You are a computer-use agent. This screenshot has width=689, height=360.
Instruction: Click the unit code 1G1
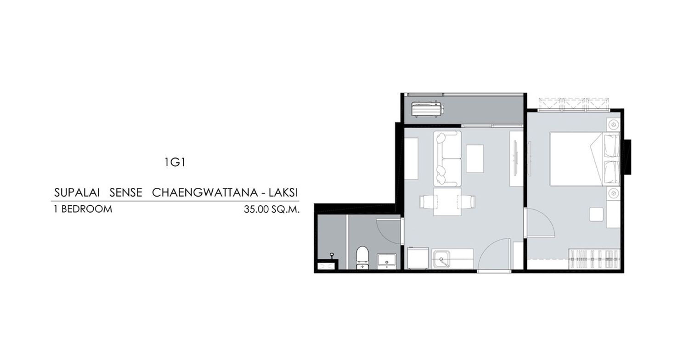point(175,162)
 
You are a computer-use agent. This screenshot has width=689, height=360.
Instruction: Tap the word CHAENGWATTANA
point(205,192)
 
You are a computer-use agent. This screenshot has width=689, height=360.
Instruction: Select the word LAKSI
point(283,192)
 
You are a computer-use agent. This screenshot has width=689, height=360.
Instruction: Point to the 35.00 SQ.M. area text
point(271,209)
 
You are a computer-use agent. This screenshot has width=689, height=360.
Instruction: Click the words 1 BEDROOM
point(83,209)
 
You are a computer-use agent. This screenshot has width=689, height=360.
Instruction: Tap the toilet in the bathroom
point(362,258)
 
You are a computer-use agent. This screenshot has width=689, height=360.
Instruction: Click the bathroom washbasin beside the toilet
point(387,261)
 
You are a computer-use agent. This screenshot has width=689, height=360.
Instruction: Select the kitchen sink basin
point(441,259)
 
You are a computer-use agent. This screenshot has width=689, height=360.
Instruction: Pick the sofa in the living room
point(447,158)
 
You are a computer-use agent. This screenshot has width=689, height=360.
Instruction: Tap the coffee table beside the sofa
point(474,158)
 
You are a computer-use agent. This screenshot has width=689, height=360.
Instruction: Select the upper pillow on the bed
point(611,146)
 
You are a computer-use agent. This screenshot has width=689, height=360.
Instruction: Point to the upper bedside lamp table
point(614,125)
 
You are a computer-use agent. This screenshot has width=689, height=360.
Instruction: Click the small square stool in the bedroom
point(596,214)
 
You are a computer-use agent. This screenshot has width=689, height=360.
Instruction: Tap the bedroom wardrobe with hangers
point(593,259)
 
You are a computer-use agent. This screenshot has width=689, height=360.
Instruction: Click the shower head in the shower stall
point(332,255)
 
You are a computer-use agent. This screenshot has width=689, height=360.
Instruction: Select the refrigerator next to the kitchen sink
point(418,258)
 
